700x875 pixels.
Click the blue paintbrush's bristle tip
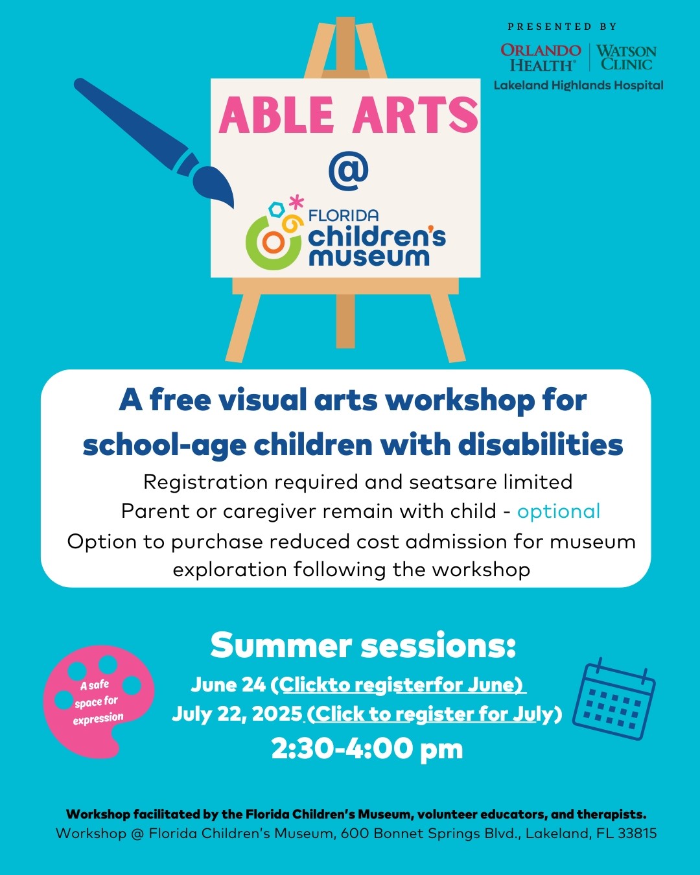coord(233,207)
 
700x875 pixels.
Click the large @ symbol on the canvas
coord(349,170)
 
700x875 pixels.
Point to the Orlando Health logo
coord(541,57)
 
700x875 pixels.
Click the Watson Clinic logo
coord(626,57)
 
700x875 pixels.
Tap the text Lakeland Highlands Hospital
coord(578,86)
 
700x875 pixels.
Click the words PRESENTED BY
coord(562,27)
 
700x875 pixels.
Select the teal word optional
coord(559,512)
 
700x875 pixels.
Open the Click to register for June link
coord(402,684)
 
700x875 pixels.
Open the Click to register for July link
coord(434,714)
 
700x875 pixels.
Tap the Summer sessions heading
coord(363,646)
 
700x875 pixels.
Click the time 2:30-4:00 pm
coord(367,749)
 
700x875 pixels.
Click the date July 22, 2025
coord(237,714)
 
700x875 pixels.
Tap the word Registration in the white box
coord(205,483)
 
